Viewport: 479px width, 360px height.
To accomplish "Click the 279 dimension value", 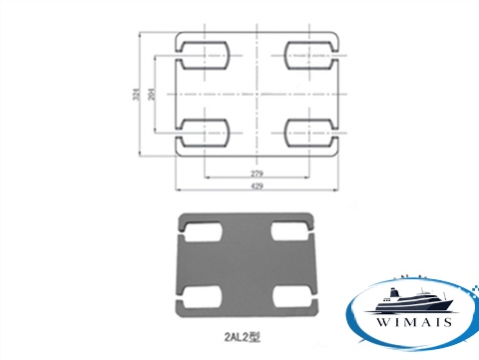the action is pyautogui.click(x=256, y=174).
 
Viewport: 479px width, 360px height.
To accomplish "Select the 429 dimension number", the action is pyautogui.click(x=256, y=185).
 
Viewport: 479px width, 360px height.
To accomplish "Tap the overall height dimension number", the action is pyautogui.click(x=136, y=94).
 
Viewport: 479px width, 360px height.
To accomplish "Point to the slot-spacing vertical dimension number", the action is pyautogui.click(x=152, y=94).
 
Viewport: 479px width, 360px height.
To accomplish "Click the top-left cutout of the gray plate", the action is pyautogui.click(x=202, y=231).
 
